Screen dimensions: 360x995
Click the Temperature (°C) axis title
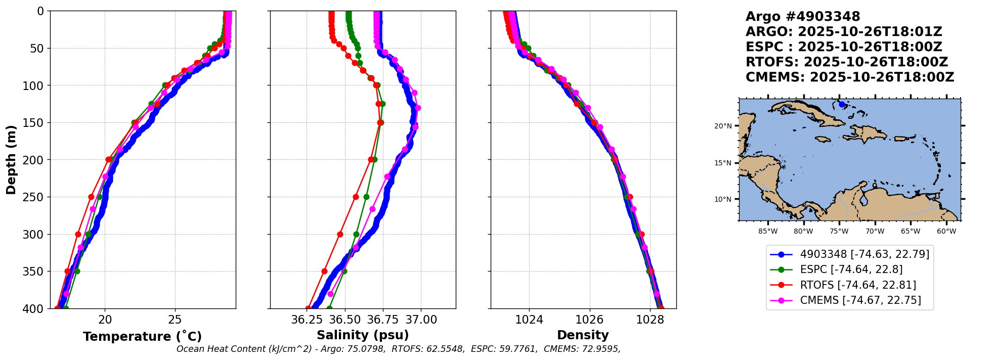[x=142, y=337]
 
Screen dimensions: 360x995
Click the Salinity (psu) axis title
[x=363, y=335]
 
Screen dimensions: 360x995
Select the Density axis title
[x=583, y=335]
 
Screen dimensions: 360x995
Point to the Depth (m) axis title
[x=11, y=160]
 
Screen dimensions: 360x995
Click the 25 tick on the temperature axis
[x=175, y=320]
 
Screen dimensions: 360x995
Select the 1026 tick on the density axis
[x=589, y=320]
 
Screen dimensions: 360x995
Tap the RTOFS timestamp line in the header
[x=846, y=62]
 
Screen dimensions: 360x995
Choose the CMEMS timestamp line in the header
[x=849, y=77]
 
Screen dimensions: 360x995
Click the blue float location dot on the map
[x=842, y=104]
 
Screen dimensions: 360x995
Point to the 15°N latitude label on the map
[x=723, y=163]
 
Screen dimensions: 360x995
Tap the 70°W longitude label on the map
[x=875, y=232]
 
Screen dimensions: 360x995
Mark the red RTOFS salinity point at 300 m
[x=340, y=235]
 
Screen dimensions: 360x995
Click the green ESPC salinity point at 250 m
[x=366, y=197]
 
